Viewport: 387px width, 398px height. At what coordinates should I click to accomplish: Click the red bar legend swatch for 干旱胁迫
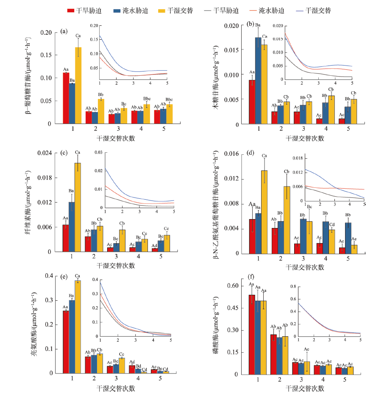72,10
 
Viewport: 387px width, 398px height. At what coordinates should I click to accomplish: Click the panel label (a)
64,31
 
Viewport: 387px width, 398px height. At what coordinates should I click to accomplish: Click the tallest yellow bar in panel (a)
78,85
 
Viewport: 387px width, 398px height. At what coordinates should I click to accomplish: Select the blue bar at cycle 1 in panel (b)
258,80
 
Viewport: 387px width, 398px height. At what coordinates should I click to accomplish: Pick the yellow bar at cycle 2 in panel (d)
287,220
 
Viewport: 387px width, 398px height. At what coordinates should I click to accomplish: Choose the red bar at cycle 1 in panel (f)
252,334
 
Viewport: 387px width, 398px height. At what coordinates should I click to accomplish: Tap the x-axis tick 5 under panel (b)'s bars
348,129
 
